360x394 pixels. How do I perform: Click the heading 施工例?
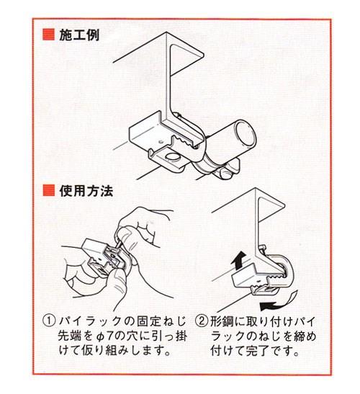tap(79, 35)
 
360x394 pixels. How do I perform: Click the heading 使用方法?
tap(86, 191)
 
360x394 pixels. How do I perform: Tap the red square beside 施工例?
tap(48, 35)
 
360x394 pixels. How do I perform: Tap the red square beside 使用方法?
tap(48, 191)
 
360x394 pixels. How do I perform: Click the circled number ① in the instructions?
tap(49, 321)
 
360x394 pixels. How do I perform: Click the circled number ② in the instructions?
tap(202, 321)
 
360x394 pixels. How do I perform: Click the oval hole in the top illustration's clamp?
tap(173, 157)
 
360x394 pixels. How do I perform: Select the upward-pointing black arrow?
tap(238, 260)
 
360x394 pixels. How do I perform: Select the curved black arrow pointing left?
tap(278, 303)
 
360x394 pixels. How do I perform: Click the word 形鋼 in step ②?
tap(222, 321)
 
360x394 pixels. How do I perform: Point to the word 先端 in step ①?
tap(70, 336)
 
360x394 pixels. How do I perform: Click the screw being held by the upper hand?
tap(117, 241)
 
